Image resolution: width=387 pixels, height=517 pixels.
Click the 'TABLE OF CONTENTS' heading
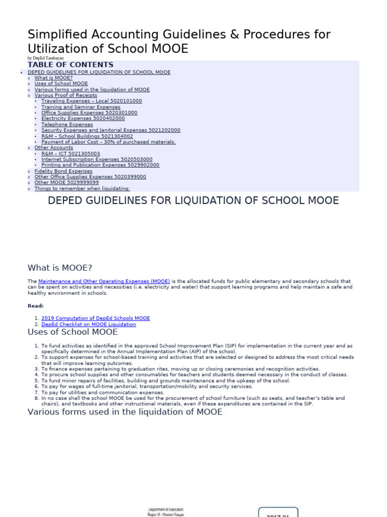click(x=71, y=65)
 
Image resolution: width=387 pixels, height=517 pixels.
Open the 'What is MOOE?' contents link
click(x=53, y=78)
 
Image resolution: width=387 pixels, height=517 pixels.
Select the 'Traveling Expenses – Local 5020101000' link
click(x=92, y=101)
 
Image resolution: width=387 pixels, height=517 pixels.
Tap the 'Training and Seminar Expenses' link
click(x=81, y=107)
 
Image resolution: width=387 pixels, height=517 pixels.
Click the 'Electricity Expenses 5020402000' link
click(x=83, y=119)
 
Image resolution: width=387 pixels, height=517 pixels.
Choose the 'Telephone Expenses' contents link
click(x=67, y=124)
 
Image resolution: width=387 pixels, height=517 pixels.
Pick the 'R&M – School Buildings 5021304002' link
click(x=87, y=136)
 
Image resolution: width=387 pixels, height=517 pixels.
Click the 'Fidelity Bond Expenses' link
click(x=63, y=171)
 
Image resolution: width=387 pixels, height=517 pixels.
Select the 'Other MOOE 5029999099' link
click(x=63, y=183)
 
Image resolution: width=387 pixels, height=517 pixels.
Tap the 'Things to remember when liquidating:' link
click(x=82, y=189)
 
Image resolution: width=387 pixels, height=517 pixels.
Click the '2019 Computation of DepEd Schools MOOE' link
click(x=95, y=319)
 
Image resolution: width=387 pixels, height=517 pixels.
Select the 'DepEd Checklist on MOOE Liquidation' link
click(x=89, y=325)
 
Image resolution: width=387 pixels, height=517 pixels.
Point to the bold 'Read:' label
click(x=35, y=305)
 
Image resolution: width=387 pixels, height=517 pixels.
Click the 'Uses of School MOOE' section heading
click(x=73, y=332)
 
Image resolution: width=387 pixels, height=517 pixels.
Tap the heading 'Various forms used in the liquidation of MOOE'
click(x=124, y=412)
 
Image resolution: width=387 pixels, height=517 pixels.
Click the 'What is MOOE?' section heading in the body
click(x=60, y=268)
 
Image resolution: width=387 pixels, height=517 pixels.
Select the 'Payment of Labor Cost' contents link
click(x=108, y=142)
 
